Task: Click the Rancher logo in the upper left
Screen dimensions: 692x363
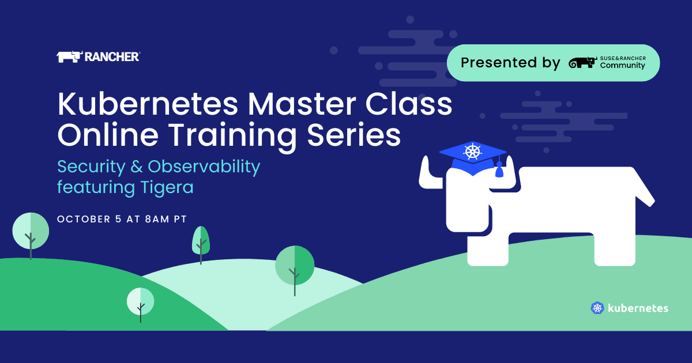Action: click(98, 57)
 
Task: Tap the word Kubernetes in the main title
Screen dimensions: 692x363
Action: click(148, 104)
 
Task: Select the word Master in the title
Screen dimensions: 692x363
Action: click(302, 104)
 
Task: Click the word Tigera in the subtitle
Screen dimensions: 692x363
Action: click(167, 188)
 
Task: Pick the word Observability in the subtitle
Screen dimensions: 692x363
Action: click(204, 167)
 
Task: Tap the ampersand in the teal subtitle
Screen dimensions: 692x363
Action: click(136, 167)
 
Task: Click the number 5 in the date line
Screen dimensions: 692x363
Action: click(118, 219)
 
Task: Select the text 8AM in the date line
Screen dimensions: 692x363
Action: click(157, 219)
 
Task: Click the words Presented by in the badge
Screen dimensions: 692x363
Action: click(510, 63)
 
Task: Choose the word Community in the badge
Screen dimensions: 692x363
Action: click(622, 66)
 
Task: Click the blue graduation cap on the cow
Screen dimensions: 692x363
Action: click(473, 158)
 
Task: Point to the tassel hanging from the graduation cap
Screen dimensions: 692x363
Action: click(499, 168)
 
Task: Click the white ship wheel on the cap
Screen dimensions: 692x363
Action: click(473, 151)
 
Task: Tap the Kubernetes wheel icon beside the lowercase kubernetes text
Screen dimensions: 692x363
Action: click(597, 308)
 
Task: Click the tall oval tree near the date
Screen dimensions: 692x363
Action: click(201, 244)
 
